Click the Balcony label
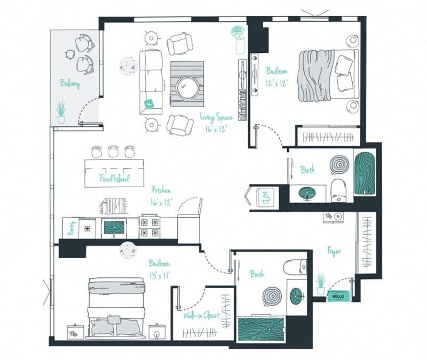69,84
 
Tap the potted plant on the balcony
61,113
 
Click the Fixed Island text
114,178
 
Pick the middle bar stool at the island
113,152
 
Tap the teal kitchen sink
114,228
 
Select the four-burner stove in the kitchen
149,227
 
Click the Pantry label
70,229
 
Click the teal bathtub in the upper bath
365,173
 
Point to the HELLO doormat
337,295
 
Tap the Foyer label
334,251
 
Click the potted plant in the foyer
320,283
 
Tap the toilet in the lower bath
296,267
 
